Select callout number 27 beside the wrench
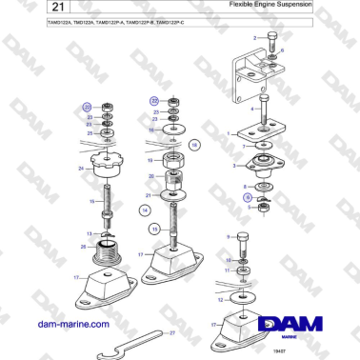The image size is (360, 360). point(171,332)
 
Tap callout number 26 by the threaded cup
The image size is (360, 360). point(83,248)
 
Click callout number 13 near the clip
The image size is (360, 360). point(90,232)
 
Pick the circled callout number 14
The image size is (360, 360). point(146,209)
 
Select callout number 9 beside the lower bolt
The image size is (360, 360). point(228,235)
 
